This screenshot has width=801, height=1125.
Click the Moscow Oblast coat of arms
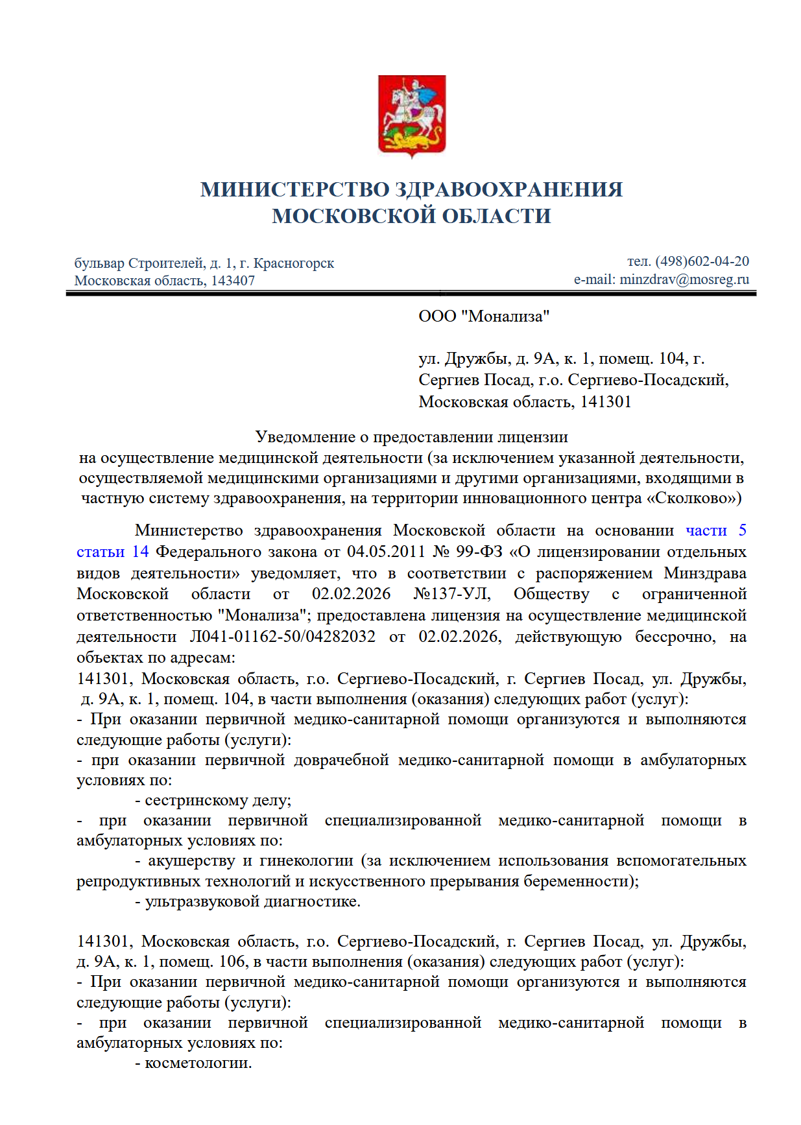[x=412, y=116]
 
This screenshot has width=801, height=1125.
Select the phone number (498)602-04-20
[x=702, y=261]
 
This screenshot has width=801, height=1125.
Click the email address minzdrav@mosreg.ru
[x=684, y=279]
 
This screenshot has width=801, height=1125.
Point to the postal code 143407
[x=233, y=281]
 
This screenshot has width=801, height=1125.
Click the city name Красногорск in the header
[x=294, y=263]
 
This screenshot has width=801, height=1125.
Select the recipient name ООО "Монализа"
[x=484, y=316]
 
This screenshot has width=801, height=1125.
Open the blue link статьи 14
[x=112, y=552]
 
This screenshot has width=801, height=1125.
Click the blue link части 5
[x=715, y=530]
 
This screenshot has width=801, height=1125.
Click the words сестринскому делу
[x=218, y=801]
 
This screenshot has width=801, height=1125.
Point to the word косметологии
[x=198, y=1063]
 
